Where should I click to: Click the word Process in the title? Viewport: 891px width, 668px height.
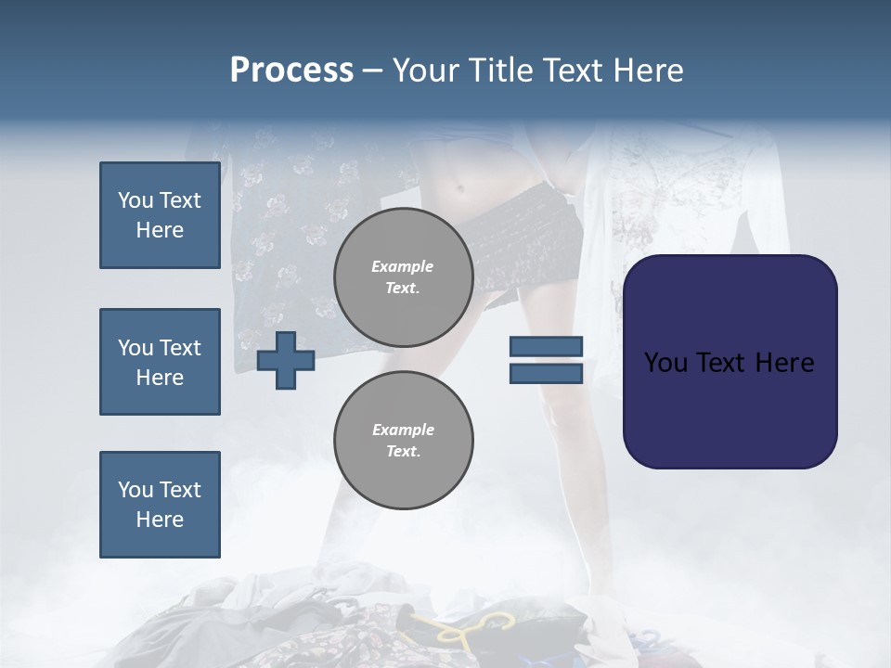[291, 71]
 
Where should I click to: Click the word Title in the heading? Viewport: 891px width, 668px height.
[500, 71]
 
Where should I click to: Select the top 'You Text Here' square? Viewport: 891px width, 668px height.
[161, 215]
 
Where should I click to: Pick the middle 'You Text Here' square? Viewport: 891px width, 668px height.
[161, 362]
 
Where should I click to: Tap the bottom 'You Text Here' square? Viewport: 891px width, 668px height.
[161, 505]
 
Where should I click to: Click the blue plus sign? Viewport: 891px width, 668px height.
[286, 361]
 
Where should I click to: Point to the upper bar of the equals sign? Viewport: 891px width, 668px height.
[546, 346]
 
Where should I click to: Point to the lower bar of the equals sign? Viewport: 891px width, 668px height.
[546, 374]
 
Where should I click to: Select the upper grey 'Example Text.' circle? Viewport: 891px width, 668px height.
[404, 277]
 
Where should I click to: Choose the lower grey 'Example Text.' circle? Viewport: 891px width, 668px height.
[404, 440]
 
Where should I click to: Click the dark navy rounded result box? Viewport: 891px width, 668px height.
[730, 362]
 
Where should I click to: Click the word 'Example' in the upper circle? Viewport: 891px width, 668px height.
[402, 266]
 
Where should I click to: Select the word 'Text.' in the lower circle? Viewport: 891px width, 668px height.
[404, 451]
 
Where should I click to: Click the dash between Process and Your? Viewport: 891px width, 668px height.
[373, 72]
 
